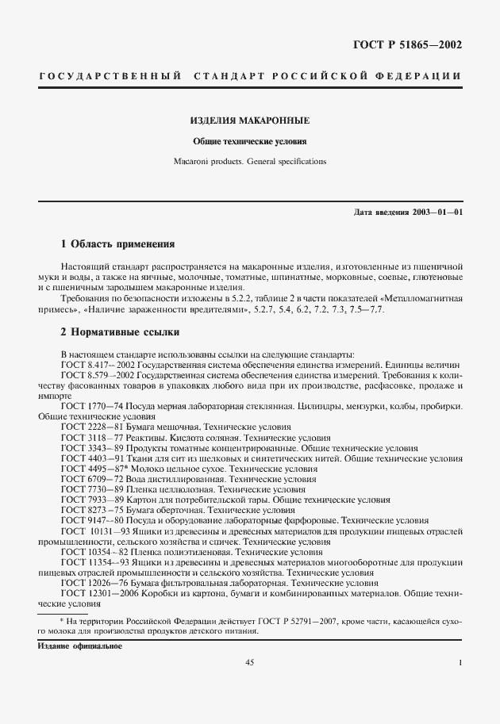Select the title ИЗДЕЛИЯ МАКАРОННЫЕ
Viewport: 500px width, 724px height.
(249, 121)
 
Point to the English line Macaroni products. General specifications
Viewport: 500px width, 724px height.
(249, 161)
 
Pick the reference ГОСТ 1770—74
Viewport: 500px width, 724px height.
(90, 405)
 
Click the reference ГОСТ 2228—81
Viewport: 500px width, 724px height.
(90, 427)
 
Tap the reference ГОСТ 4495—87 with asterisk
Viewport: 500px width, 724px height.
(90, 469)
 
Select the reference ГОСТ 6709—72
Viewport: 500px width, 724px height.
(90, 479)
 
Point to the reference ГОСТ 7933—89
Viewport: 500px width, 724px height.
(90, 500)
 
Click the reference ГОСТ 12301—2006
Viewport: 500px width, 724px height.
(95, 593)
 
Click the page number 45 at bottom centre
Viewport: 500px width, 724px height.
(249, 662)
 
